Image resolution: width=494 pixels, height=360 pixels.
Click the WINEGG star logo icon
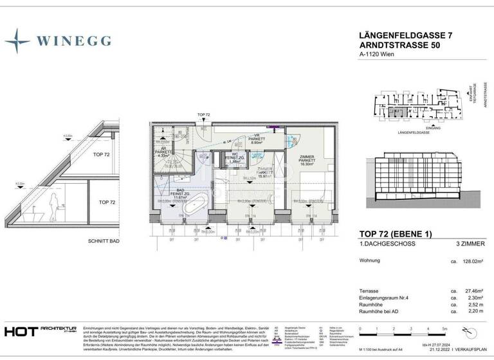[x=17, y=40]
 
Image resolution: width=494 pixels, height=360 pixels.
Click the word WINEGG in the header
[x=73, y=41]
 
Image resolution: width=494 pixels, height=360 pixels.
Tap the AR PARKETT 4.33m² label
[x=163, y=152]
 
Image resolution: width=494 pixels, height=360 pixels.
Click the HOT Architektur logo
[x=39, y=331]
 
